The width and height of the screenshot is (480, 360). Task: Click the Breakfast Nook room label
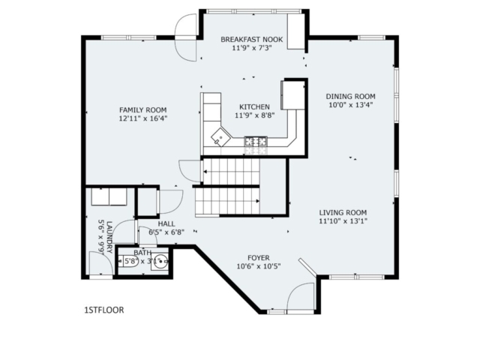pos(252,40)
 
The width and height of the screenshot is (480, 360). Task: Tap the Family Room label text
pos(143,110)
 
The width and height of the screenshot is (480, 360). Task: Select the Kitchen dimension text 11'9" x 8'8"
pos(255,115)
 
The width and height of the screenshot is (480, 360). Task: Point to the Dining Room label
pos(350,97)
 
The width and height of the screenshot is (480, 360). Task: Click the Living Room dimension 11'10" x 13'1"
pos(343,221)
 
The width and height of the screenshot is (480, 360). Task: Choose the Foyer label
pos(259,258)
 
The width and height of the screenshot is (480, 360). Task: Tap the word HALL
pos(166,223)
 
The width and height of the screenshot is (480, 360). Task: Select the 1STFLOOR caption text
pos(104,310)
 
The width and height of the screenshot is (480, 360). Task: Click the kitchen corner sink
pos(220,137)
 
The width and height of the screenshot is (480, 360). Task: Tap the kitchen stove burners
pos(256,142)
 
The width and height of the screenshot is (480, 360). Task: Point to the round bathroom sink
pos(160,262)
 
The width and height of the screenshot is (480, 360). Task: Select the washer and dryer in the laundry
pos(109,196)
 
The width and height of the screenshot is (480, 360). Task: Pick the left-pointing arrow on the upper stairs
pos(205,172)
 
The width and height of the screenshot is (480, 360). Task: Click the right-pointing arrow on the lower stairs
pos(258,201)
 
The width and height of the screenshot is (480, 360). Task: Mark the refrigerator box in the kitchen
pos(293,94)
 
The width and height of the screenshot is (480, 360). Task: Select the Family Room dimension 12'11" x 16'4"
pos(143,118)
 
